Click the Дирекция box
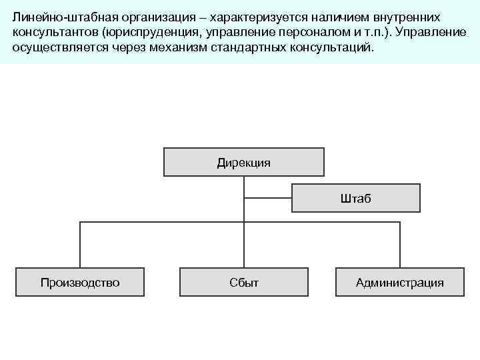click(243, 163)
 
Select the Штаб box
click(356, 198)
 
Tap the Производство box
click(80, 283)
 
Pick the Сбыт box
click(243, 283)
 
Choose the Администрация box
click(399, 283)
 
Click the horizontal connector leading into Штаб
click(268, 198)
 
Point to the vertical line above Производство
click(80, 245)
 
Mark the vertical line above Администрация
click(400, 245)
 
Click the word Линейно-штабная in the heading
click(57, 15)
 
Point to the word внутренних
click(407, 15)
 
